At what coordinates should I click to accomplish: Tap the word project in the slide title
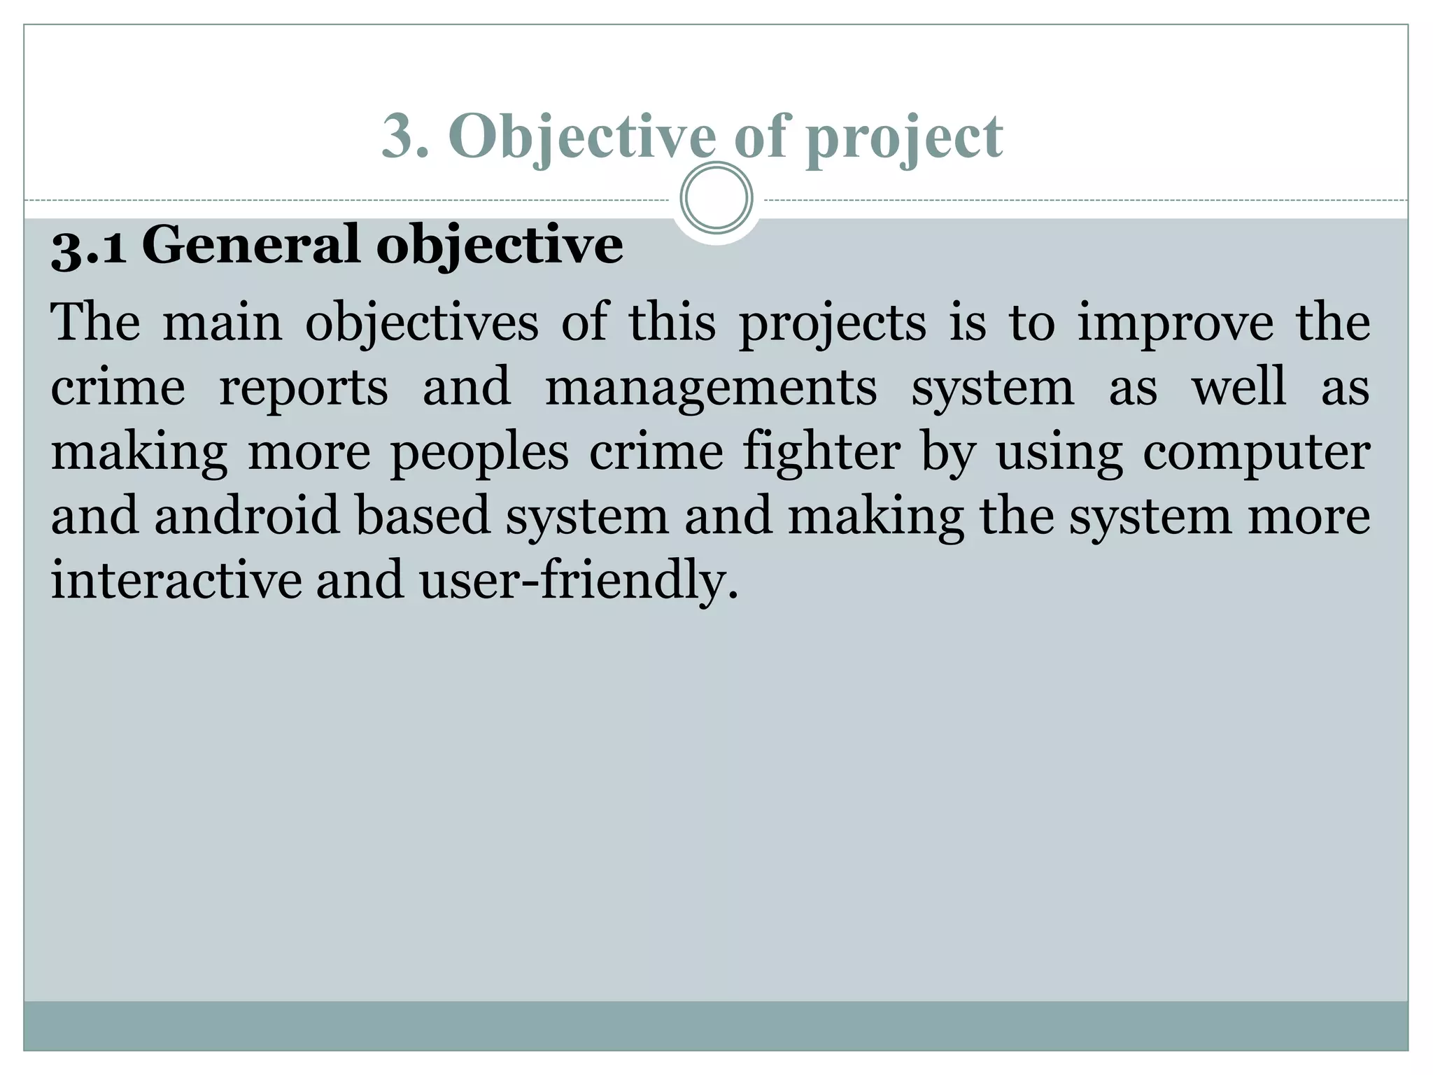[904, 136]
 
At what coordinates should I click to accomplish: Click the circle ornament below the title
[716, 198]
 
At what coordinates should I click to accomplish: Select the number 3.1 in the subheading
[89, 246]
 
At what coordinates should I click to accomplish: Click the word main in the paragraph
[223, 323]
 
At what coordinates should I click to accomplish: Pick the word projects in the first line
[833, 324]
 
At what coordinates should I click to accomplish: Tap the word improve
[1175, 324]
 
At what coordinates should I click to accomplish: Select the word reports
[303, 388]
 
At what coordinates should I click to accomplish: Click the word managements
[710, 388]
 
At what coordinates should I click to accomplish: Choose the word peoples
[479, 454]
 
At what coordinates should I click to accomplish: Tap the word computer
[1257, 454]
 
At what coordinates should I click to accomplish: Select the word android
[247, 516]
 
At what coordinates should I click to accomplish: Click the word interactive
[176, 580]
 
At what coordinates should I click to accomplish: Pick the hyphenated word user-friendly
[578, 582]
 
